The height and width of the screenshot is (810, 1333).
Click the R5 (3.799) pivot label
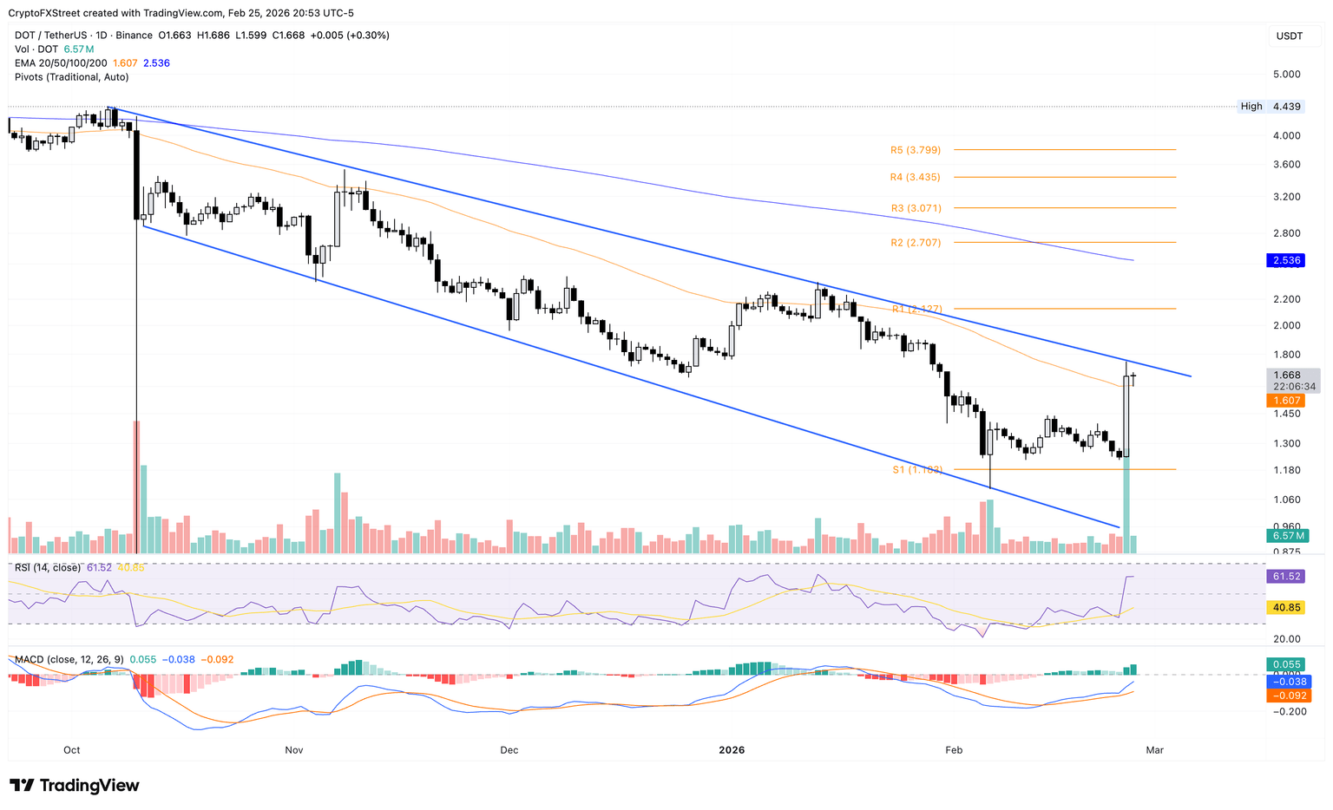(915, 150)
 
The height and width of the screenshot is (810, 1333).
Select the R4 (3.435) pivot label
(915, 177)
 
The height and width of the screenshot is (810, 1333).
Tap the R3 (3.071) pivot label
(915, 208)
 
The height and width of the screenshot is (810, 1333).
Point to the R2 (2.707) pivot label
(915, 243)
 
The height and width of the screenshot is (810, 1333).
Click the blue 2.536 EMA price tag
(1286, 260)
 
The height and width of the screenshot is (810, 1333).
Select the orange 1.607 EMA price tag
(1286, 401)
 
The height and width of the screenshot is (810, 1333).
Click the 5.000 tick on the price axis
(1286, 75)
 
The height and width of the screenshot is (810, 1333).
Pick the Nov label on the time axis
(293, 750)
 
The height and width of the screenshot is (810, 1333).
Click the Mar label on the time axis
(1154, 750)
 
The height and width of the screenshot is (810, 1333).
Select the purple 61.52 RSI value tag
(1286, 576)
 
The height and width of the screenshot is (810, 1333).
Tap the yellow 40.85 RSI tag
(1286, 608)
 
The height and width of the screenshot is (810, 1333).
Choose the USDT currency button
(1289, 36)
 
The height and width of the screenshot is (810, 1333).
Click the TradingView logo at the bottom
(75, 786)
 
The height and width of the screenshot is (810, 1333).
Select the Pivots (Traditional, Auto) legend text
(71, 77)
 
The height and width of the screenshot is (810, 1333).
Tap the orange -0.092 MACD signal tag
(1286, 696)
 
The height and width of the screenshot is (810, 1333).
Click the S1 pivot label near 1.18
(917, 470)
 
